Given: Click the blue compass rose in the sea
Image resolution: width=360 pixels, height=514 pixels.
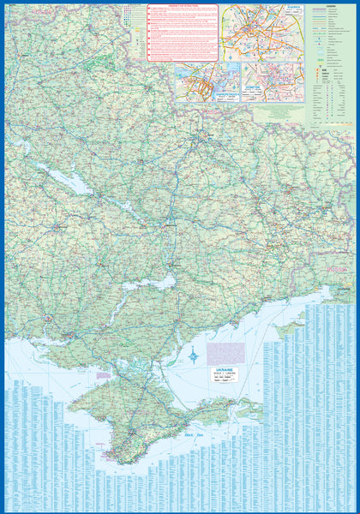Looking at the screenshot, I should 196,355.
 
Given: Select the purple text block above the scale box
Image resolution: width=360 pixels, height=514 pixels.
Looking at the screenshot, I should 226,352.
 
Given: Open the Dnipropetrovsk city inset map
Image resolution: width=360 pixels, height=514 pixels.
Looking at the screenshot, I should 207,81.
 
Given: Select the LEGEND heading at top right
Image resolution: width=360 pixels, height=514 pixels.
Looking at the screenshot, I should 331,5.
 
